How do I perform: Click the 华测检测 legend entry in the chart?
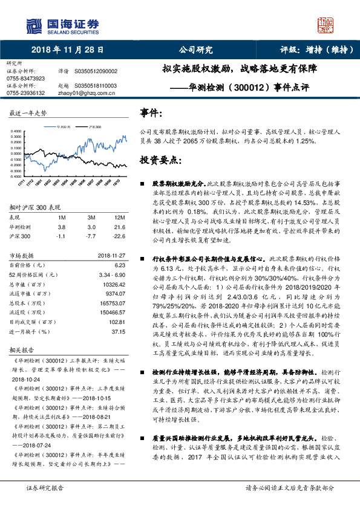(x=65, y=128)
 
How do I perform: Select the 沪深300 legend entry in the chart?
(x=94, y=128)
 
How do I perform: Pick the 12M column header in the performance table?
(x=119, y=217)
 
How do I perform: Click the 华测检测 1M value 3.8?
(x=61, y=227)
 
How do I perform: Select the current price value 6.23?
(x=119, y=265)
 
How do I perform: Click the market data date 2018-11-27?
(x=110, y=255)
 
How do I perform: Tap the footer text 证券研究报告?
(x=46, y=503)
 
